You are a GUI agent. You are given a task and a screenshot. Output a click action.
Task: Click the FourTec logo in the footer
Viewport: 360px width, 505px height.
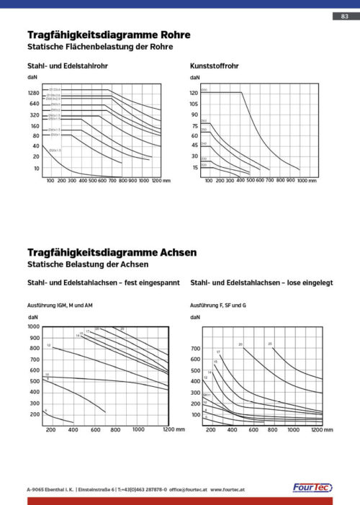point(311,488)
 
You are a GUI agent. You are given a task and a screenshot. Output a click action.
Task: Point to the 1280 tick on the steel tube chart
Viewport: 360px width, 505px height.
point(34,94)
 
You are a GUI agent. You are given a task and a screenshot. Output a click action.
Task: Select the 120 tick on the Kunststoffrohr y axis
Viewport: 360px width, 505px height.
point(194,94)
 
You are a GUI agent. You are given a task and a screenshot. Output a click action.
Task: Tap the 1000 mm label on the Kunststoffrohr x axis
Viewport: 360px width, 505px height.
point(307,181)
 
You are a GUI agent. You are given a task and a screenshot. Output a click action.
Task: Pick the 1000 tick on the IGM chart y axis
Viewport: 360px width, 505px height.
point(34,326)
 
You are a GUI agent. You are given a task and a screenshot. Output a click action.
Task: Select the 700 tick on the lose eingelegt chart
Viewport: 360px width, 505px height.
point(195,349)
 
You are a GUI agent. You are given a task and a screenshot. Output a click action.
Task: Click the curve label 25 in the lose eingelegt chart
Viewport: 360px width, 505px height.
point(270,344)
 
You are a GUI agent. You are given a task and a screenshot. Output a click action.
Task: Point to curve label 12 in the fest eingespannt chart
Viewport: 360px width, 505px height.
point(48,347)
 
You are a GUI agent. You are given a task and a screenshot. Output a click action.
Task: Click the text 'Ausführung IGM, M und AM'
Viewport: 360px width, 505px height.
point(60,306)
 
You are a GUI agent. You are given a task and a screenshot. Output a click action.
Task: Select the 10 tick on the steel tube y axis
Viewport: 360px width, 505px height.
point(36,168)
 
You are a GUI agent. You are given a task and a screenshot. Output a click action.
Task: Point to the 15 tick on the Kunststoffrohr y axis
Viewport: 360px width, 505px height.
point(195,167)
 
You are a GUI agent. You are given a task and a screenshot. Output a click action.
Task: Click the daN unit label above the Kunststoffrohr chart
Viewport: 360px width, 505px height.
point(195,78)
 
